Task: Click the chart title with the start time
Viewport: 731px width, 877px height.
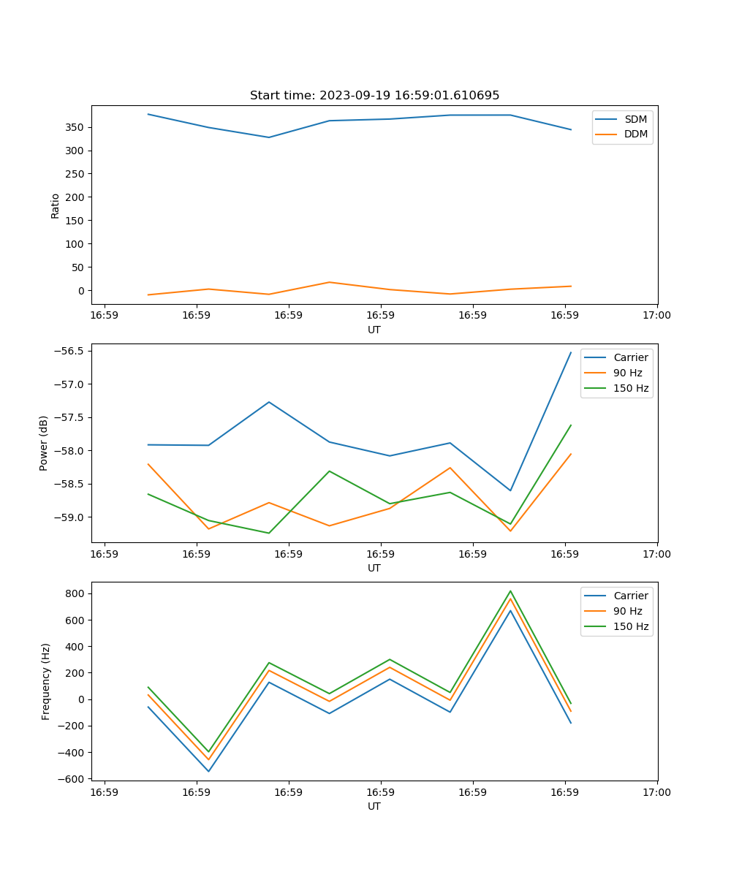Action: (374, 96)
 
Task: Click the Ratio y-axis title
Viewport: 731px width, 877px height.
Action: (56, 205)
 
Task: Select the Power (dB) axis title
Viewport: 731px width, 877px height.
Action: (44, 443)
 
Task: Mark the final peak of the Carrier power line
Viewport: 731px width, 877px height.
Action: (571, 352)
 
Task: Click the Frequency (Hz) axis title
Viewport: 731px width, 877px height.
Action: (46, 681)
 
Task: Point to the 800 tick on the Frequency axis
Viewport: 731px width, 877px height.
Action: (75, 594)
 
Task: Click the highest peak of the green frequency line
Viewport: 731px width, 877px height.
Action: (510, 591)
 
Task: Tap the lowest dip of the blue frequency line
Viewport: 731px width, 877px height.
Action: (208, 771)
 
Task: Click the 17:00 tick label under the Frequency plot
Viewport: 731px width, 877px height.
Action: (656, 792)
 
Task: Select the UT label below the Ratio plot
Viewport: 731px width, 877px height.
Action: (374, 330)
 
